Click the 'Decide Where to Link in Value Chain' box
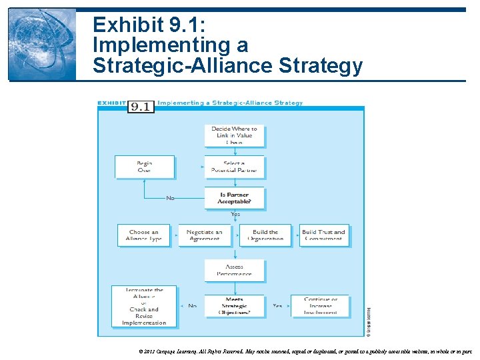coord(235,135)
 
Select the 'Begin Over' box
coord(145,167)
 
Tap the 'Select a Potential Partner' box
coord(235,167)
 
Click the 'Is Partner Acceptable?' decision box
coord(235,198)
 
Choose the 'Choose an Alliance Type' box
coord(144,235)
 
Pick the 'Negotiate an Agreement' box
coord(205,235)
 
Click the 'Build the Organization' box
coord(265,235)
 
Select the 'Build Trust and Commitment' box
coord(324,235)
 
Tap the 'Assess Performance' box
coord(235,270)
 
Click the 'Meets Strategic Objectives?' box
coord(235,306)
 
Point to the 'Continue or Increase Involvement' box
coord(321,306)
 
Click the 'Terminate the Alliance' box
coord(144,306)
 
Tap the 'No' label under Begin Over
coord(170,198)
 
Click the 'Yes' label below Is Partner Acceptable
coord(235,215)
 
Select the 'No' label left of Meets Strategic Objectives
coord(192,306)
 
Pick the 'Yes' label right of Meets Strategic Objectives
coord(277,306)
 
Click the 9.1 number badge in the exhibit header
coord(141,106)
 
